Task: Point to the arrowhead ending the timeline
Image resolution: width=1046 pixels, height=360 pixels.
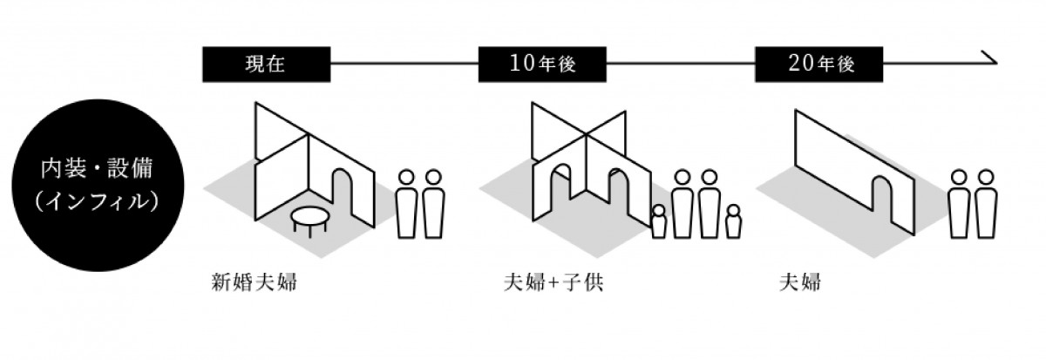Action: pyautogui.click(x=990, y=60)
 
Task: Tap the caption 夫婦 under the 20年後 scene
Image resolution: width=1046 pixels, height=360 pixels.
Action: pyautogui.click(x=800, y=283)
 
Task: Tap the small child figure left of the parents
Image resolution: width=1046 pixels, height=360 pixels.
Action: pyautogui.click(x=659, y=221)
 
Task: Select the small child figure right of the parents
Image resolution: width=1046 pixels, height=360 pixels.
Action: pyautogui.click(x=733, y=221)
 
